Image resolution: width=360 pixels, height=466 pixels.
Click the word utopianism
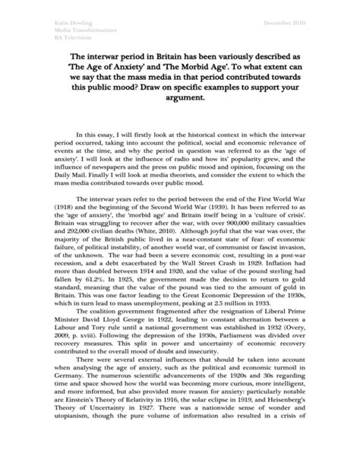[81, 462]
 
